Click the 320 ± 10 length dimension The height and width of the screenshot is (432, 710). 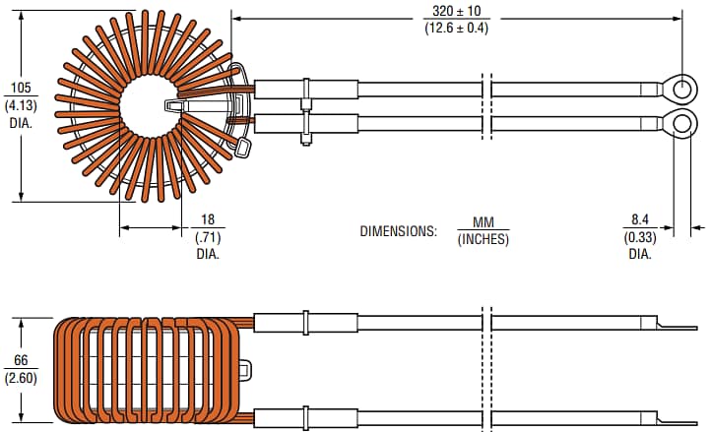point(456,12)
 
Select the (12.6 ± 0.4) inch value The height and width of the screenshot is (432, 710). point(456,28)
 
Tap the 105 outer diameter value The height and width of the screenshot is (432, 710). point(21,87)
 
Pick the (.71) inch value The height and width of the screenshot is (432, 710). point(206,236)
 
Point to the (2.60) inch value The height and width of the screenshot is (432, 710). point(21,378)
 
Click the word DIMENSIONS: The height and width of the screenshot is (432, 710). point(397,231)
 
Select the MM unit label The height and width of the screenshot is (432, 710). point(483,223)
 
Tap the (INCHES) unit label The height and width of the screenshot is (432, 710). point(483,239)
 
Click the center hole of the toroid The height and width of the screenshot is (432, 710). point(150,106)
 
